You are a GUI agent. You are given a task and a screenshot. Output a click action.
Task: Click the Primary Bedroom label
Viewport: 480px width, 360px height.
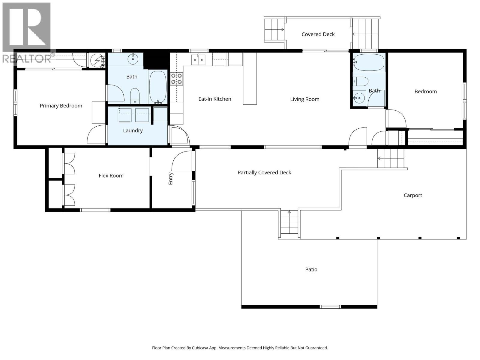[61, 106]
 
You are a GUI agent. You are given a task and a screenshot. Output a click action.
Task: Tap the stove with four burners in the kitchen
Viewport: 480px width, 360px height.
[176, 79]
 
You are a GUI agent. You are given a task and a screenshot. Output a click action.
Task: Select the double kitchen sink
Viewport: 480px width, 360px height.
[198, 60]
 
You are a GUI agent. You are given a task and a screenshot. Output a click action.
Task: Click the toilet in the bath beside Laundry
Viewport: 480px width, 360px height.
[135, 95]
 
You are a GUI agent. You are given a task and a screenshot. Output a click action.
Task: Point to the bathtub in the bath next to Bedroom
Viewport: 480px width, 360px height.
[369, 62]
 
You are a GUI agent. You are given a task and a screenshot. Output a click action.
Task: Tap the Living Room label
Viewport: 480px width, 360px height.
[304, 99]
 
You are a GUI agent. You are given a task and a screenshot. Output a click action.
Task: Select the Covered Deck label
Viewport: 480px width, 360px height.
[318, 34]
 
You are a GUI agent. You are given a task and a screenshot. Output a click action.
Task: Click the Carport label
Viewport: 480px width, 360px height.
[412, 195]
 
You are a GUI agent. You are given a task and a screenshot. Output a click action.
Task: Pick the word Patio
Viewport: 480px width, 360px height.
[311, 269]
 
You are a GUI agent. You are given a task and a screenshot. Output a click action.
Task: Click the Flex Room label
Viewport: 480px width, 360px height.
[111, 176]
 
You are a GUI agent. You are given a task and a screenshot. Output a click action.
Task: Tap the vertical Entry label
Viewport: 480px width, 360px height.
[170, 178]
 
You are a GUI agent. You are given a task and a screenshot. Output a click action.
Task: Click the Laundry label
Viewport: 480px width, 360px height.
[133, 130]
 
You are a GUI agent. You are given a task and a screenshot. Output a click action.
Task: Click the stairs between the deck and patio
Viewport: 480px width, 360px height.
[289, 223]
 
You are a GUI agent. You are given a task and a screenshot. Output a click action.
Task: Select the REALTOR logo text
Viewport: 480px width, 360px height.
[27, 58]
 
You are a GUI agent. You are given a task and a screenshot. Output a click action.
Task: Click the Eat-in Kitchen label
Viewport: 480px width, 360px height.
[214, 99]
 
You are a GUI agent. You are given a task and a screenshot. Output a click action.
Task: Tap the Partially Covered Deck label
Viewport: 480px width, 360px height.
[264, 172]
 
